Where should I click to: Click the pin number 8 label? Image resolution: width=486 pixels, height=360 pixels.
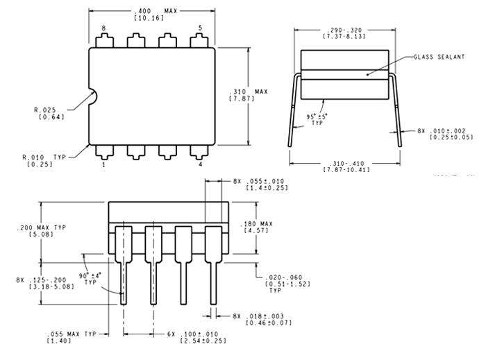(103, 28)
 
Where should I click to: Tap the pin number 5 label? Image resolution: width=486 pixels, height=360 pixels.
(199, 28)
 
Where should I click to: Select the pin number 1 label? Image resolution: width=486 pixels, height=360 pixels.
(103, 164)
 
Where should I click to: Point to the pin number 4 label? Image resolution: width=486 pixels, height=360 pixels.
(199, 164)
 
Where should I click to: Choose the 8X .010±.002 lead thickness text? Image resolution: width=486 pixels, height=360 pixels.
(444, 133)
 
